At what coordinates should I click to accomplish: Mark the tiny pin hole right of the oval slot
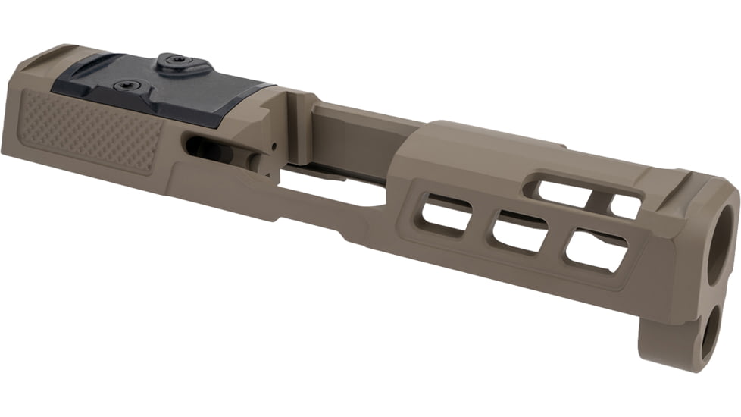[270, 143]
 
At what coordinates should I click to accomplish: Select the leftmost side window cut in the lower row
[442, 213]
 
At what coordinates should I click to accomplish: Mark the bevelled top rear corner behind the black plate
[38, 61]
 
